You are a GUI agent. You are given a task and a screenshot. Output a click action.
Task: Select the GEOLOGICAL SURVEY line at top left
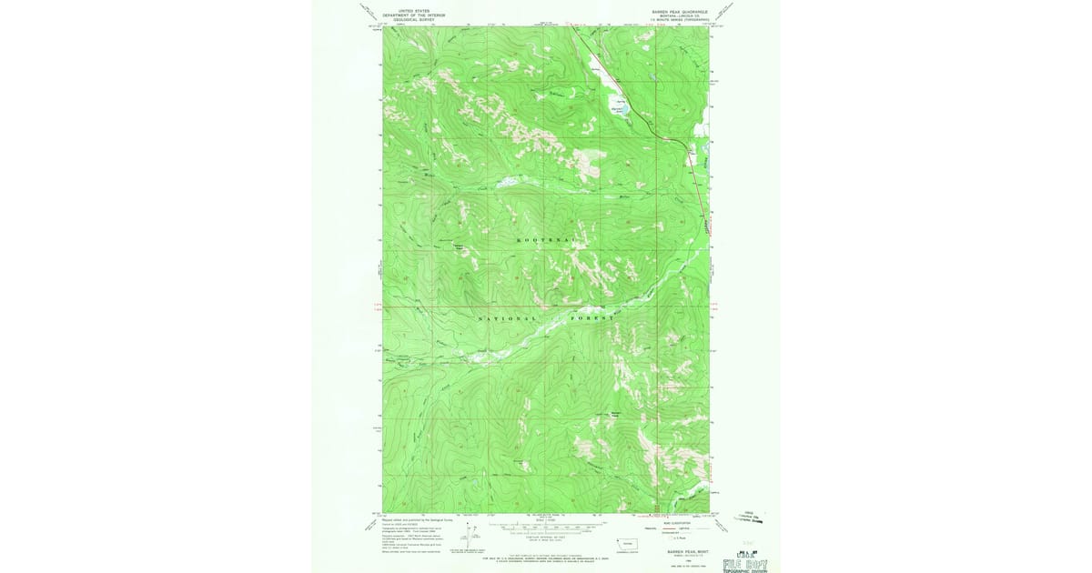point(406,19)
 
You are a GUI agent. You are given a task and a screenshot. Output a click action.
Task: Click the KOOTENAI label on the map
point(546,239)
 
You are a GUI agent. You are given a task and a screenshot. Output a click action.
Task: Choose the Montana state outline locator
point(628,543)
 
